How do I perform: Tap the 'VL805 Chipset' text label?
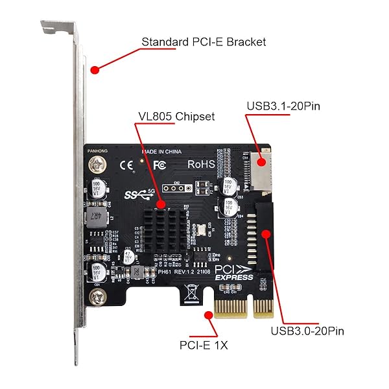coord(175,117)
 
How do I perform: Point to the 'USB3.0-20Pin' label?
coord(307,331)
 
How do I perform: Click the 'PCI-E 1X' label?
coord(203,345)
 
